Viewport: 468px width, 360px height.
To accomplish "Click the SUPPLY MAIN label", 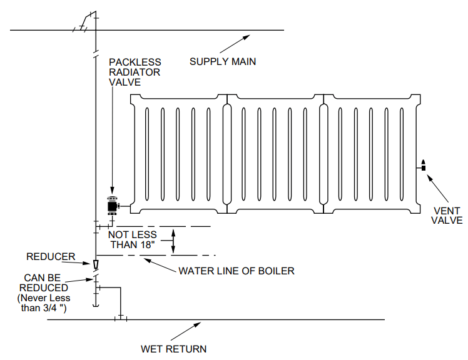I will [x=223, y=61].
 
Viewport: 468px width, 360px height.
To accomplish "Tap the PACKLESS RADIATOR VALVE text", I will [x=135, y=72].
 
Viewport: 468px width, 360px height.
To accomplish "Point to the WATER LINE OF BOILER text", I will [x=236, y=271].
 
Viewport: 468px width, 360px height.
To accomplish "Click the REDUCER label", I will [x=51, y=256].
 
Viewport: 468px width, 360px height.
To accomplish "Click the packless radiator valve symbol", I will [x=113, y=205].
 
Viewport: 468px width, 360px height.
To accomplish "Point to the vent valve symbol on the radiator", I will [x=424, y=166].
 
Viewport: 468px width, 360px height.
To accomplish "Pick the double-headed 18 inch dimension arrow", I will [x=175, y=241].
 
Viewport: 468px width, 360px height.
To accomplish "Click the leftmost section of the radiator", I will [x=178, y=153].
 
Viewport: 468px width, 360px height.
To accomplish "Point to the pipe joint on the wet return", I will [x=120, y=319].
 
